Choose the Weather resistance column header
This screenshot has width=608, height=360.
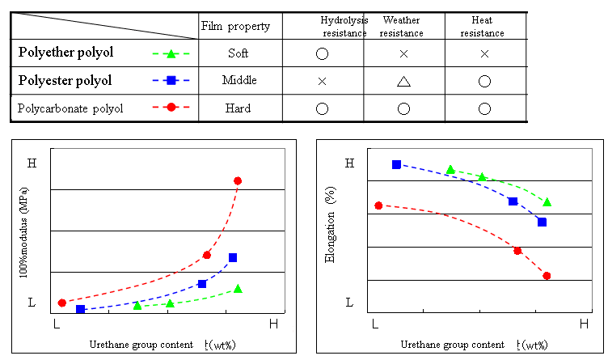point(401,27)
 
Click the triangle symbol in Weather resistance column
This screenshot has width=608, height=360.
point(402,81)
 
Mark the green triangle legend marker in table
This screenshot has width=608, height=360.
point(171,54)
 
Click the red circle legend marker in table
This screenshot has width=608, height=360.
point(171,108)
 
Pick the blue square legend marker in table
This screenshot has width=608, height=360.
point(171,81)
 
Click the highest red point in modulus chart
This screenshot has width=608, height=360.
point(238,180)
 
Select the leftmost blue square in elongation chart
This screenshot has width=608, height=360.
point(396,164)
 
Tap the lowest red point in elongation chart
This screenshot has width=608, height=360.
point(547,276)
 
